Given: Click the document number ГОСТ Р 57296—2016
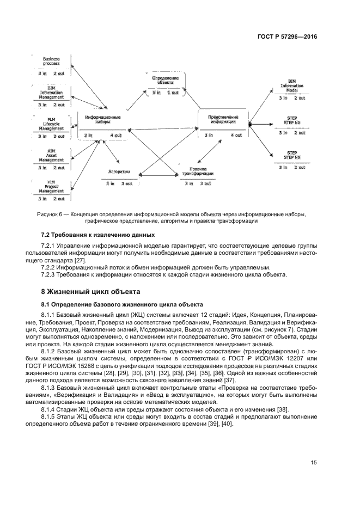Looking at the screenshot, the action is (287, 36).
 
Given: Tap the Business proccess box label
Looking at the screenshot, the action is (51, 62).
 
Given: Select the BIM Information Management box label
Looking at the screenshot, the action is (51, 93).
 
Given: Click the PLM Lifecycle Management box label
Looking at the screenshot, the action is (51, 124).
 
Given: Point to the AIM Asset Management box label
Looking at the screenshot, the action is (51, 156).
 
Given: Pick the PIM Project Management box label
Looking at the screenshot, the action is (51, 187).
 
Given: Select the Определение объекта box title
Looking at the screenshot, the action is (166, 80).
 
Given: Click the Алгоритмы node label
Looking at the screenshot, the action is (119, 171).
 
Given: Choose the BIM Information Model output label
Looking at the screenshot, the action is (292, 85).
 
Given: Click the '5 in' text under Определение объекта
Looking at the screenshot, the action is (156, 93).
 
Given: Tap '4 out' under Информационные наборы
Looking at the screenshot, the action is (115, 135).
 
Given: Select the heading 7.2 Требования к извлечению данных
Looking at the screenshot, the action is (98, 235).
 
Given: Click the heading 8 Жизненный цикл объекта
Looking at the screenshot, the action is (90, 291).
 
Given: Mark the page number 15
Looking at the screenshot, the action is (314, 463).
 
